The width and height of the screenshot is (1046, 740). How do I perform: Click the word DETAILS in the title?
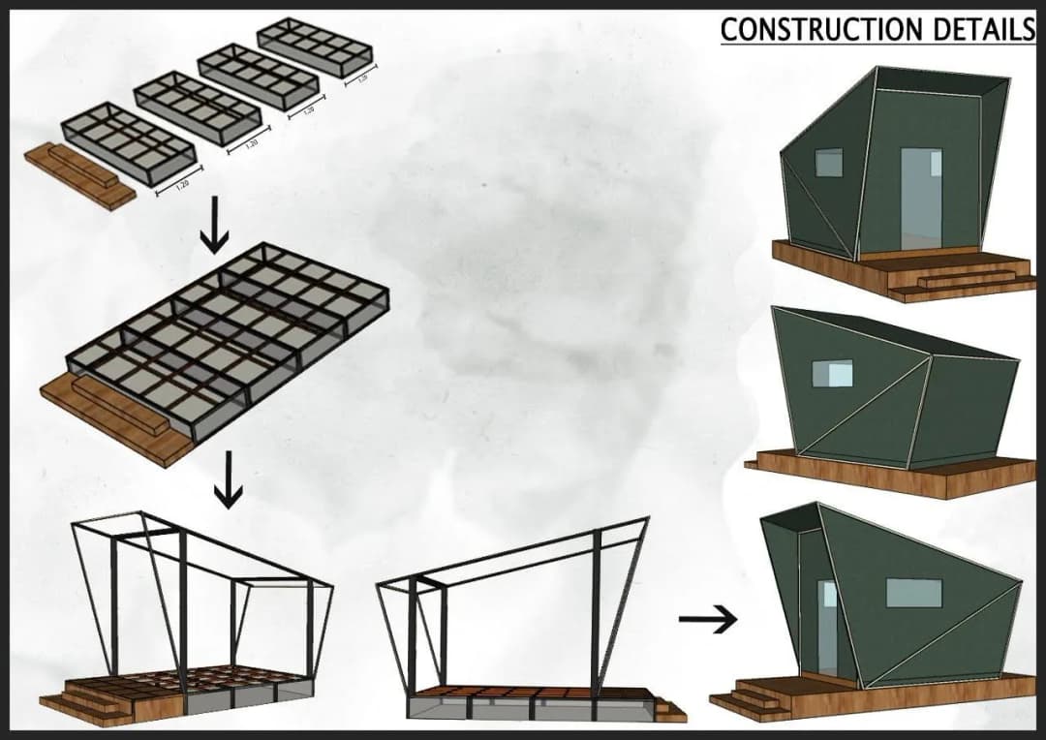(984, 29)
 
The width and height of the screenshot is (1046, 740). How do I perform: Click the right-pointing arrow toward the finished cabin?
(707, 620)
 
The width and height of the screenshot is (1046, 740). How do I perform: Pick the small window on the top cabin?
(828, 163)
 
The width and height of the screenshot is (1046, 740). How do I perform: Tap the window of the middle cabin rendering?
(832, 373)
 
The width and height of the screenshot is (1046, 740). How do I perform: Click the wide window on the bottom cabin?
(912, 593)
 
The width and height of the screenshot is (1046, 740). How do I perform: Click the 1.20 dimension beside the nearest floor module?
(180, 185)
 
